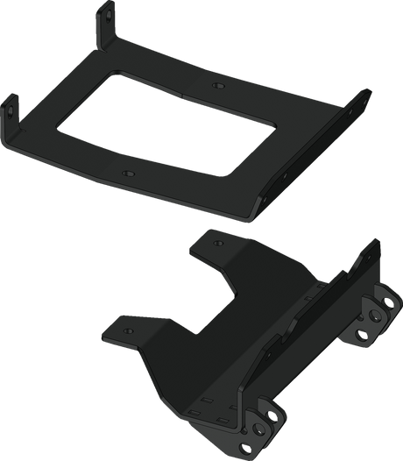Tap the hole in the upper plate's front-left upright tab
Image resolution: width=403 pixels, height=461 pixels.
(x=11, y=108)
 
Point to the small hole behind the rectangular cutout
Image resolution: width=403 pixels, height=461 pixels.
(x=216, y=85)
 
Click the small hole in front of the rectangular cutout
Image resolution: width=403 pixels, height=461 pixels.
(x=128, y=174)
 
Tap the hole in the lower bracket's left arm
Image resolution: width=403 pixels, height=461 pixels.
(x=125, y=330)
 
